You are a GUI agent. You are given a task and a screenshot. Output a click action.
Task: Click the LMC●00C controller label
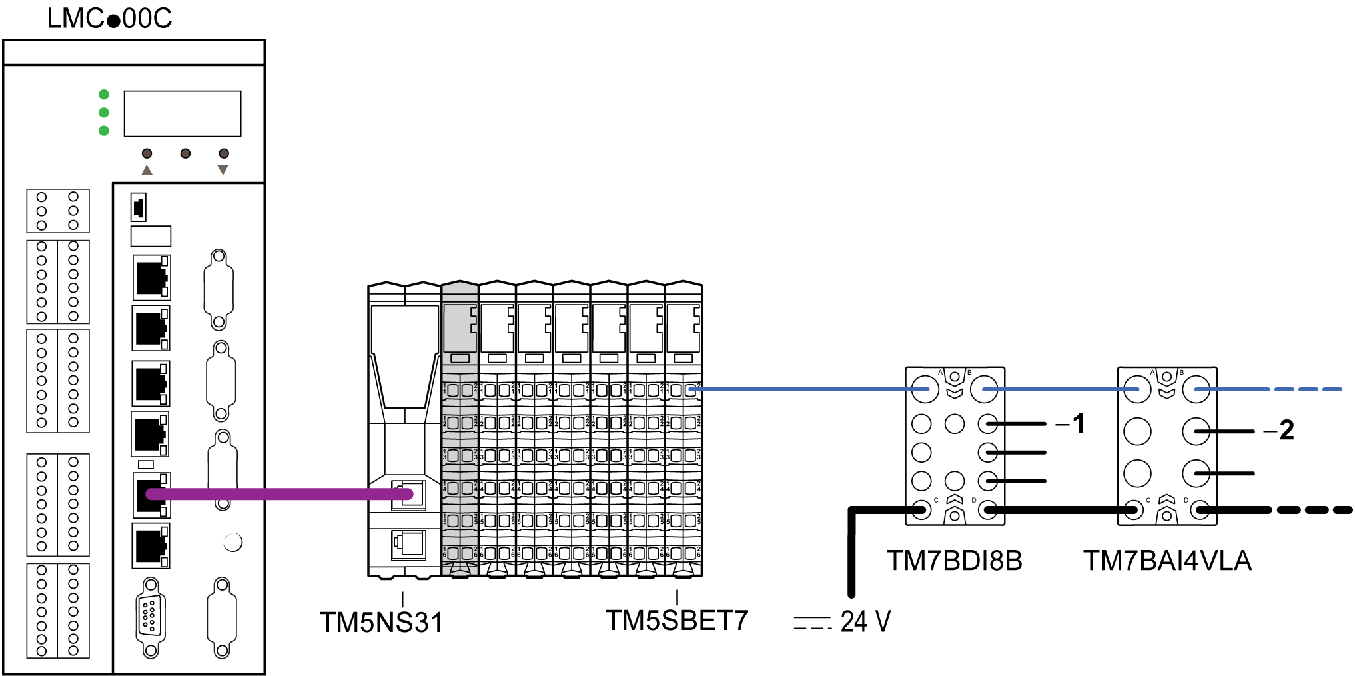click(x=109, y=18)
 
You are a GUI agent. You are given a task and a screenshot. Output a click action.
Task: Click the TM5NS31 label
click(x=381, y=623)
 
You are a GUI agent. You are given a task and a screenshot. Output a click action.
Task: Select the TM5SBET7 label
click(x=676, y=621)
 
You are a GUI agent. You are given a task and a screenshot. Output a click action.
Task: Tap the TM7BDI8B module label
click(x=954, y=561)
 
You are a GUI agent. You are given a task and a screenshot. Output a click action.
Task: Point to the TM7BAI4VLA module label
click(x=1167, y=561)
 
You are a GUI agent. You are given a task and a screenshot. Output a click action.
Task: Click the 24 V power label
click(x=865, y=621)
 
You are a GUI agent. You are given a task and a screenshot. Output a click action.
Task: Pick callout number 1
click(x=1078, y=423)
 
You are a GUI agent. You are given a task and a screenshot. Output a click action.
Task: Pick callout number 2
click(x=1286, y=430)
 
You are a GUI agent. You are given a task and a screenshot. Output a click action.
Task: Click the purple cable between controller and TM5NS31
click(x=280, y=494)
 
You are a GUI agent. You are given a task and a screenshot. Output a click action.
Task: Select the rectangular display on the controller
click(x=183, y=114)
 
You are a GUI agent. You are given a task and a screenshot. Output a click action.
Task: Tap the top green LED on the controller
click(x=104, y=95)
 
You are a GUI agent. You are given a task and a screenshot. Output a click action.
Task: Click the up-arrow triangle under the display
click(x=147, y=170)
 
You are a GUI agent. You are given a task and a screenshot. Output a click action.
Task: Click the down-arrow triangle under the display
click(x=223, y=170)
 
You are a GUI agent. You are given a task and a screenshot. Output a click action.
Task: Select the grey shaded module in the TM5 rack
click(x=460, y=427)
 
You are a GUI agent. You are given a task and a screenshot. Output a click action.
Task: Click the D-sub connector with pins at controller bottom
click(x=151, y=616)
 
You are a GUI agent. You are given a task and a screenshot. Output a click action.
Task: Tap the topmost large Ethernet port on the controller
click(x=151, y=277)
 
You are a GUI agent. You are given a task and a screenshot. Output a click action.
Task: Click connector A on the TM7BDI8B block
click(x=925, y=389)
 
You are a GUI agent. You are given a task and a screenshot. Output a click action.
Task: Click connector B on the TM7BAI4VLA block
click(x=1196, y=389)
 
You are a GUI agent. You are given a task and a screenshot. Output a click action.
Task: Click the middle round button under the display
click(x=185, y=153)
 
